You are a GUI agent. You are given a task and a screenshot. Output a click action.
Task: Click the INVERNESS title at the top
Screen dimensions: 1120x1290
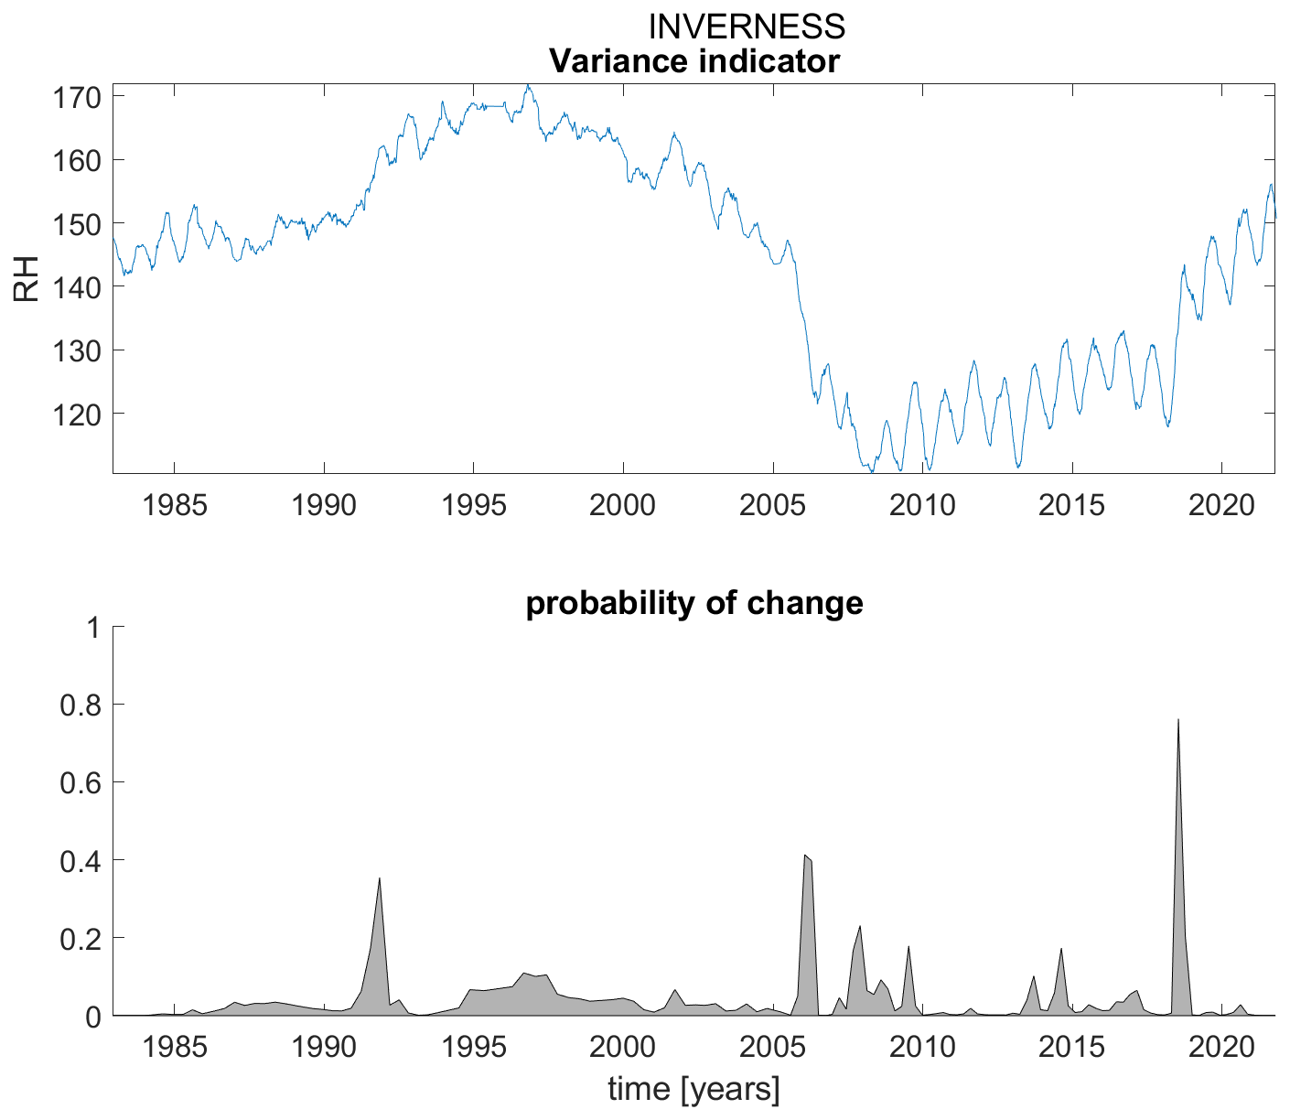coord(747,27)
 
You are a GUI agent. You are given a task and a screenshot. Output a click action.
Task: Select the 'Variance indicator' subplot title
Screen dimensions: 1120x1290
coord(693,61)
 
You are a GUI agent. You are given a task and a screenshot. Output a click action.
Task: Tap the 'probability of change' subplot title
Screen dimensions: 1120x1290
coord(693,603)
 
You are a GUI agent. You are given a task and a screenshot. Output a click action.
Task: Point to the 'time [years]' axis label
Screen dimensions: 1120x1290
coord(693,1089)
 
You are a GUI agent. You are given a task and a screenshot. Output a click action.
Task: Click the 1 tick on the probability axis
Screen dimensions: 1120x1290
coord(92,628)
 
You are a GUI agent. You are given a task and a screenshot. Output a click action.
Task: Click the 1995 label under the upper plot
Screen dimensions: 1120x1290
coord(473,505)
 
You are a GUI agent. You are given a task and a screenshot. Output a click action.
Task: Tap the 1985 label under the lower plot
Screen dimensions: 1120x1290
coord(174,1047)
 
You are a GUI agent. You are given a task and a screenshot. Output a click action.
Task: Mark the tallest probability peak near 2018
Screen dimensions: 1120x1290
coord(1177,720)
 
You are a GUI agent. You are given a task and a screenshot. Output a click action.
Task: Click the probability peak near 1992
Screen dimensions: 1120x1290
coord(379,878)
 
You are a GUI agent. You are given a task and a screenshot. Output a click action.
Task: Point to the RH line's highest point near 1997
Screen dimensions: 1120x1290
coord(527,86)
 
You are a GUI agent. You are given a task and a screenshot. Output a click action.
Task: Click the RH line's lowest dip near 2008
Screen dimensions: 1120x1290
coord(871,471)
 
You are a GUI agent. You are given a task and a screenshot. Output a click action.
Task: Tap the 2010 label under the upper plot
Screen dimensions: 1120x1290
coord(922,505)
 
